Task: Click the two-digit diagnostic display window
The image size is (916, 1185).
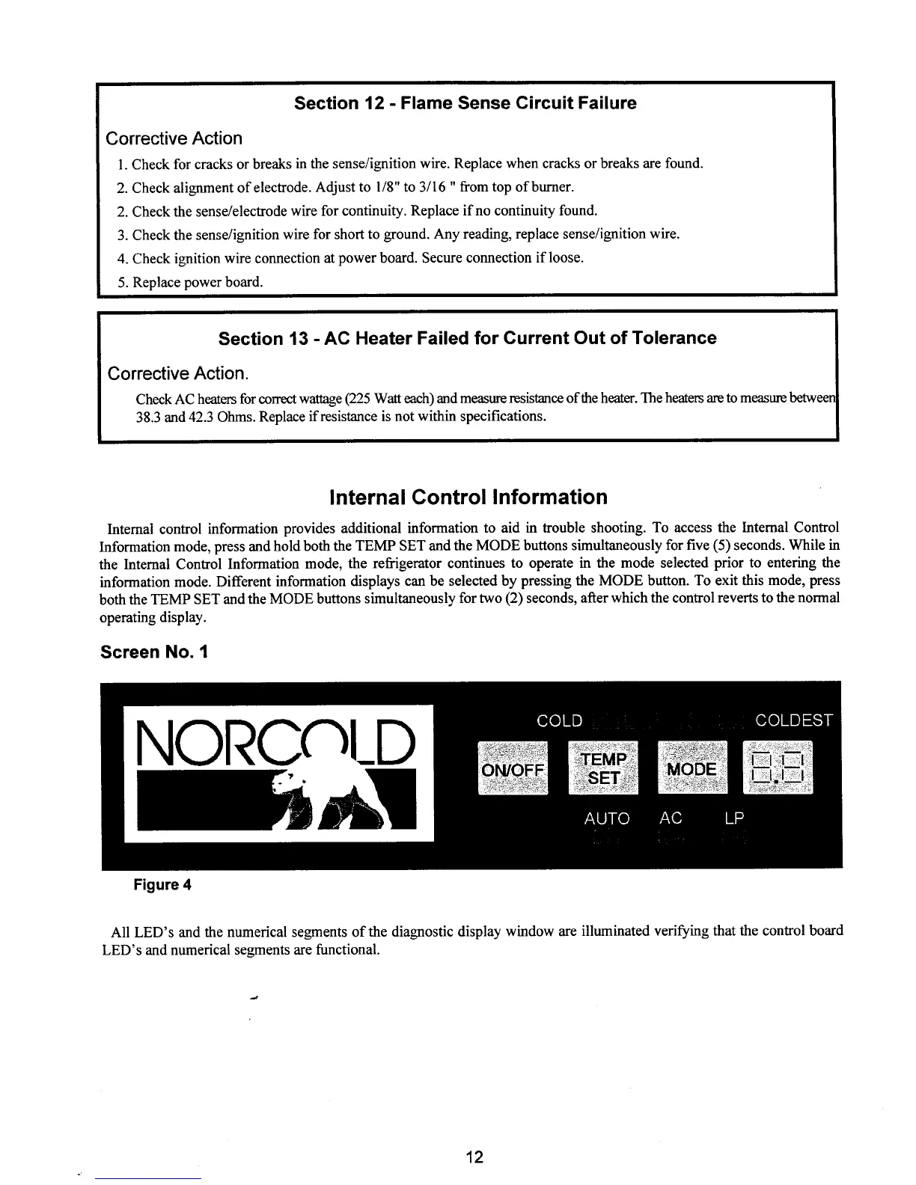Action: tap(778, 768)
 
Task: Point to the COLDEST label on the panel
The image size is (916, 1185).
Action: tap(794, 720)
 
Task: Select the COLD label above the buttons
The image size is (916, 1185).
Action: tap(560, 720)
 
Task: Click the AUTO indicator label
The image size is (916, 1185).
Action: tap(607, 818)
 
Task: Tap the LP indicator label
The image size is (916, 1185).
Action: tap(734, 818)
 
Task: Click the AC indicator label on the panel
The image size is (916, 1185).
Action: tap(671, 818)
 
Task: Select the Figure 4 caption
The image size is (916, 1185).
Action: tap(162, 885)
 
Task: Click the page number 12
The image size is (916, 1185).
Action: tap(474, 1157)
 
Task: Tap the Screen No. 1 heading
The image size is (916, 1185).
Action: tap(154, 652)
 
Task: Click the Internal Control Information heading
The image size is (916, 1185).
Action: tap(468, 497)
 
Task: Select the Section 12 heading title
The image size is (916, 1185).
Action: tap(465, 103)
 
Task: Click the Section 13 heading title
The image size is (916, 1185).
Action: tap(467, 338)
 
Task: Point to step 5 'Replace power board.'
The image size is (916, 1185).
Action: tap(198, 282)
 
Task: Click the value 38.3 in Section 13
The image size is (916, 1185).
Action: tap(148, 415)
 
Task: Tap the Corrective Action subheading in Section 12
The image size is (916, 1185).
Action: tap(174, 138)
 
